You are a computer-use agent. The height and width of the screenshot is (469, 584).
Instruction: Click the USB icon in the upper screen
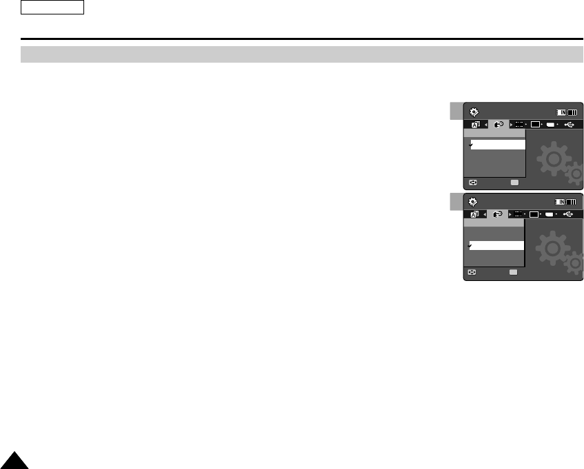pyautogui.click(x=568, y=125)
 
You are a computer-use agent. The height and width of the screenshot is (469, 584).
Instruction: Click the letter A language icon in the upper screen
pyautogui.click(x=475, y=125)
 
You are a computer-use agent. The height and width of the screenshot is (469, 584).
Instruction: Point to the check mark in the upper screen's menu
pyautogui.click(x=471, y=145)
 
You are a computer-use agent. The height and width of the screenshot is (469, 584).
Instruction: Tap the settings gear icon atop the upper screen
pyautogui.click(x=473, y=112)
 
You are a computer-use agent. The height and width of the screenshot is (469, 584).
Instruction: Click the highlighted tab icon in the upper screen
pyautogui.click(x=497, y=125)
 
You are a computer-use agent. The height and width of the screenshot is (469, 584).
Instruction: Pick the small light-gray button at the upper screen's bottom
pyautogui.click(x=514, y=183)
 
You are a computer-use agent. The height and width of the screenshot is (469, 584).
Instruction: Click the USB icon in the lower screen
pyautogui.click(x=568, y=214)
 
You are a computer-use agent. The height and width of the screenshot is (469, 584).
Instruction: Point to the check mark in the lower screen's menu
pyautogui.click(x=471, y=245)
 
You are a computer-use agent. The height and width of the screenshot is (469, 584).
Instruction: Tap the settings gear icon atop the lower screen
pyautogui.click(x=473, y=201)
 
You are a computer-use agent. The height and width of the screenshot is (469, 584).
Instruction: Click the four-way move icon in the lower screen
pyautogui.click(x=473, y=273)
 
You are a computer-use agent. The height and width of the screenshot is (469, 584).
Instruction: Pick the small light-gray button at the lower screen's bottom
pyautogui.click(x=514, y=273)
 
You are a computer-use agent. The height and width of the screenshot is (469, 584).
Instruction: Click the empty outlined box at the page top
pyautogui.click(x=52, y=8)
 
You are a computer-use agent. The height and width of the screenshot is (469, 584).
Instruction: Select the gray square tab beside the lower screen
pyautogui.click(x=456, y=201)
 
